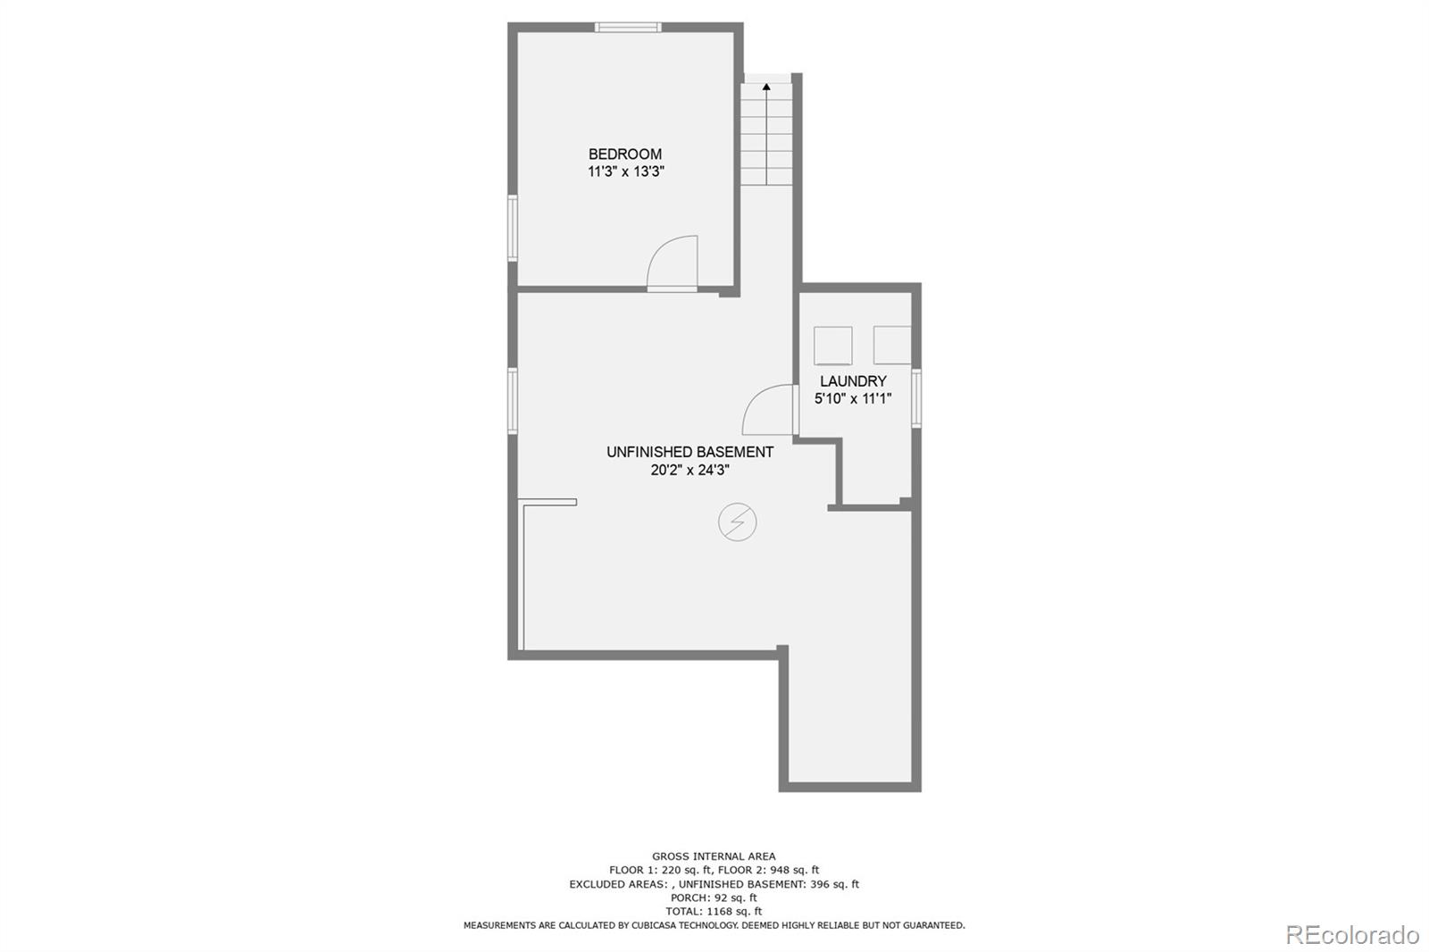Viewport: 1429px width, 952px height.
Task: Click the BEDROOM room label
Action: pos(624,154)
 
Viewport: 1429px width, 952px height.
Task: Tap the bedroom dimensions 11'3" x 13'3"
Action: pos(625,171)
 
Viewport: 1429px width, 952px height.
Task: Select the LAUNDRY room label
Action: pos(853,381)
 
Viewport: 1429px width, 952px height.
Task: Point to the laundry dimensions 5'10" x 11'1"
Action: pos(853,399)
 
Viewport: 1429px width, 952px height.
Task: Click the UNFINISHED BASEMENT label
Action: pos(689,452)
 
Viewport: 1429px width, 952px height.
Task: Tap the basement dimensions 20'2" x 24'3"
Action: pos(689,470)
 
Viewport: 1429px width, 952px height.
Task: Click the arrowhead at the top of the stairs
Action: pos(766,87)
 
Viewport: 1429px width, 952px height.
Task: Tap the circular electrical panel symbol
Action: pos(738,522)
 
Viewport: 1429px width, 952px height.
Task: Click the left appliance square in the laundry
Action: pos(832,346)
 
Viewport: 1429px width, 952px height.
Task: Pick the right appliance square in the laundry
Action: pos(891,345)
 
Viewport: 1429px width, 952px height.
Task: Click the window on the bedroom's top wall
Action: pos(629,28)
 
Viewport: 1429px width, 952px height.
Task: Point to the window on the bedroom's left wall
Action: pos(514,228)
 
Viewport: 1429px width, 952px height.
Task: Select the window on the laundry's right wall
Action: pos(916,398)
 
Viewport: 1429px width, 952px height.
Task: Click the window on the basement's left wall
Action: pos(514,401)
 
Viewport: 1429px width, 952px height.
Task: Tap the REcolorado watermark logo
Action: pos(1351,934)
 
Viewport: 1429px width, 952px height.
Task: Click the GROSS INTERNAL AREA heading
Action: pos(714,856)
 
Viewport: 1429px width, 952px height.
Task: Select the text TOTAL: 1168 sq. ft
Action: pos(714,912)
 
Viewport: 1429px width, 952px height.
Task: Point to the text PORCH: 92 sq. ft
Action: pos(714,898)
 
